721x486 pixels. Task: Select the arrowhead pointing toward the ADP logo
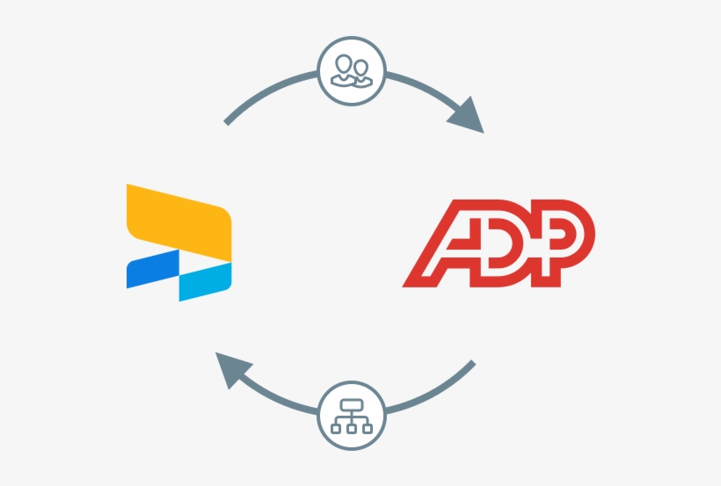point(469,113)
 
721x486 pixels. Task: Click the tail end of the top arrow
point(228,121)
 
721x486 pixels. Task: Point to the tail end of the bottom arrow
point(472,363)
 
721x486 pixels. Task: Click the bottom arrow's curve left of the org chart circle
point(281,400)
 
